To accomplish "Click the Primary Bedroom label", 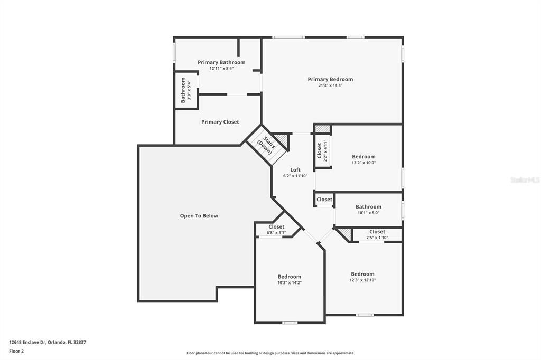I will (330, 80).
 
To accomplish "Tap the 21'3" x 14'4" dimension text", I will (330, 86).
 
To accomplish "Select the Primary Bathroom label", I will (221, 62).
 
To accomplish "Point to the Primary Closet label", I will (220, 122).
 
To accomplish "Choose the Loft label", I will (295, 170).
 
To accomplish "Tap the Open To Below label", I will (199, 216).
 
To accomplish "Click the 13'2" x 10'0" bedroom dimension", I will (363, 163).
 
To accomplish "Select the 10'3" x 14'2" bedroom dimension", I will (290, 283).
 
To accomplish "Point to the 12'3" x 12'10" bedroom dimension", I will (362, 280).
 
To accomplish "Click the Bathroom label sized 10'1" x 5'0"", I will (368, 207).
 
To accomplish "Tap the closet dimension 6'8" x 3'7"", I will (276, 233).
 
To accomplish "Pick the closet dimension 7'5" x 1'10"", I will (377, 238).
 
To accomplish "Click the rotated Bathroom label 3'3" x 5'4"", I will (183, 90).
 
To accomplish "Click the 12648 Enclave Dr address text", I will (48, 342).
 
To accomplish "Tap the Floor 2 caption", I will (16, 350).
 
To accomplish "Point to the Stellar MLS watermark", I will (525, 180).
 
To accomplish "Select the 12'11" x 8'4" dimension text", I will (221, 68).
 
